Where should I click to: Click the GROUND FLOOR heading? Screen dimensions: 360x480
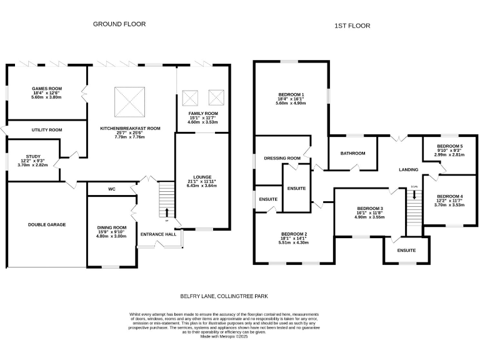(x=119, y=24)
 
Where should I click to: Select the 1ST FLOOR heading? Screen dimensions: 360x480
(x=352, y=26)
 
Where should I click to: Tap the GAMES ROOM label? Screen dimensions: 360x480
(x=47, y=89)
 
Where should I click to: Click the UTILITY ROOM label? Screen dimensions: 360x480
(x=47, y=130)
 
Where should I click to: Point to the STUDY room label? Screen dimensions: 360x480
(x=33, y=157)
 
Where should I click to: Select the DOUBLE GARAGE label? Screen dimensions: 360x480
(x=47, y=224)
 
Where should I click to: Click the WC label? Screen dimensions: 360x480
(x=112, y=188)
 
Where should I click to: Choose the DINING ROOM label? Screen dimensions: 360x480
(x=112, y=227)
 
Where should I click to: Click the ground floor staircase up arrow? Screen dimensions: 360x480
(x=166, y=211)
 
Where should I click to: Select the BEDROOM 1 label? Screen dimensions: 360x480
(x=291, y=94)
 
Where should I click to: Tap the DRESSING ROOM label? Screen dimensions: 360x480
(x=282, y=158)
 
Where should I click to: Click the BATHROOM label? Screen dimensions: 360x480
(x=352, y=153)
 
